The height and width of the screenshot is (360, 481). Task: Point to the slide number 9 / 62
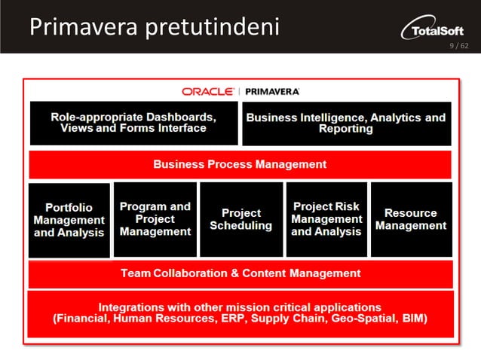[x=458, y=46]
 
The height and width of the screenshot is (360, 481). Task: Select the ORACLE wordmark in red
[x=207, y=91]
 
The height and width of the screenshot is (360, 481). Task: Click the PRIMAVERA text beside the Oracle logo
[x=272, y=91]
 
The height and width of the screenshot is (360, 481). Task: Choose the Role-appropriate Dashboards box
[x=133, y=123]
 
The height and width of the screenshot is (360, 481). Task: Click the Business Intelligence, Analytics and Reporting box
[x=346, y=123]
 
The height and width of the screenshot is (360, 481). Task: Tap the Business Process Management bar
[x=240, y=164]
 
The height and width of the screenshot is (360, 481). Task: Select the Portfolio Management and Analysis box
[x=69, y=220]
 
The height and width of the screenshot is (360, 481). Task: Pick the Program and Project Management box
[x=155, y=219]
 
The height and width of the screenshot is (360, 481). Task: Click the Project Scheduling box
[x=241, y=219]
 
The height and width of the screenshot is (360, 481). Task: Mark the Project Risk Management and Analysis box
[x=326, y=219]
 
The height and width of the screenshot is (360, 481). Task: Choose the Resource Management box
[x=411, y=219]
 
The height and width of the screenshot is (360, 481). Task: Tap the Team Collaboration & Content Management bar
[x=240, y=273]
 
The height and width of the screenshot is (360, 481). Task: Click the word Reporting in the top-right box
[x=346, y=129]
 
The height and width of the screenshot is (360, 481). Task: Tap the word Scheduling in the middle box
[x=241, y=226]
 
